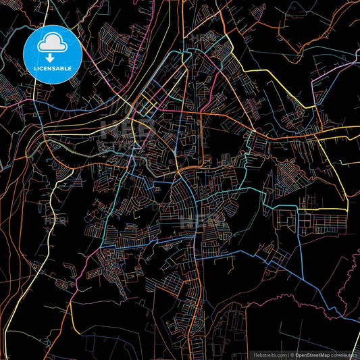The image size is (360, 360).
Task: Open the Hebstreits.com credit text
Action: click(268, 354)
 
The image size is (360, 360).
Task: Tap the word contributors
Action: click(346, 354)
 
